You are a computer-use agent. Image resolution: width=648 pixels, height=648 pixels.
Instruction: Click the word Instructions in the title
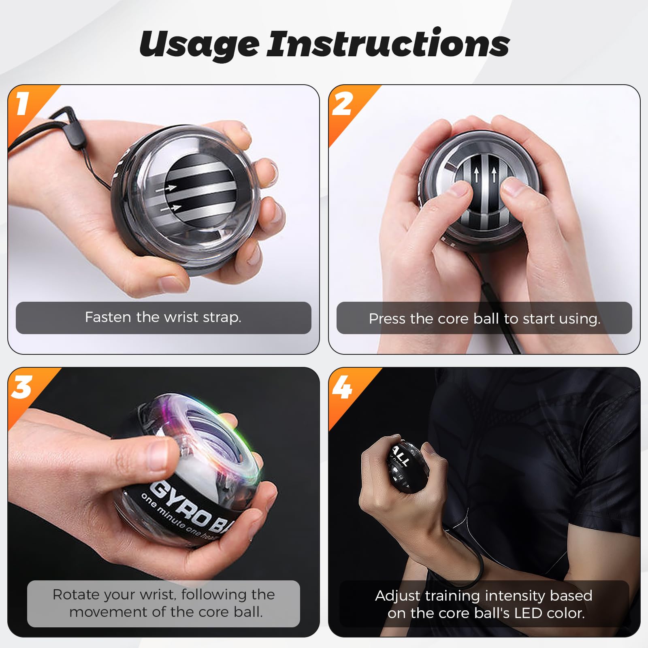click(388, 44)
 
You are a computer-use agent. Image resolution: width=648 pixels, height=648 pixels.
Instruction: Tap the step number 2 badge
click(343, 104)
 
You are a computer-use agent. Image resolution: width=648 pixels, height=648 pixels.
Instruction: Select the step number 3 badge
click(22, 387)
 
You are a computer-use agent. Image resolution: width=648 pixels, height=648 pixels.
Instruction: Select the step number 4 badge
click(343, 388)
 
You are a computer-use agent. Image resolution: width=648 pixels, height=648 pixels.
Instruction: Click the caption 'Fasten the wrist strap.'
click(163, 317)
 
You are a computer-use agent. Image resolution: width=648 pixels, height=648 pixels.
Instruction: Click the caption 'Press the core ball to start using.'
click(484, 319)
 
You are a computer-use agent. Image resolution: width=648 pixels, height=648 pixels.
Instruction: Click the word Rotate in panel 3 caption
click(76, 595)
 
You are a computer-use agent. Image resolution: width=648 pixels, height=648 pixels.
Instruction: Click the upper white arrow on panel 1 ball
click(170, 188)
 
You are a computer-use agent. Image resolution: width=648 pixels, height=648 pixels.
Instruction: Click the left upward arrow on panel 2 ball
click(477, 175)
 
